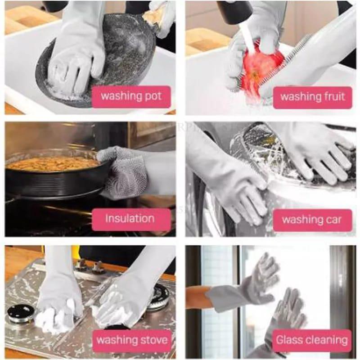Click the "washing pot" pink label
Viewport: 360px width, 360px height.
pos(131,96)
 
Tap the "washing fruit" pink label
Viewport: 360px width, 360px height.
pos(313,97)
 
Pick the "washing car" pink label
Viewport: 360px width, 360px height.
pos(312,220)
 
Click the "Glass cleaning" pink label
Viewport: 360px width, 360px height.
pos(312,340)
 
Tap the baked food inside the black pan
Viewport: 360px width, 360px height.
pos(54,163)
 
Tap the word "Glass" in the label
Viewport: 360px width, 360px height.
pos(289,340)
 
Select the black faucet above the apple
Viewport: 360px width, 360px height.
pos(234,11)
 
